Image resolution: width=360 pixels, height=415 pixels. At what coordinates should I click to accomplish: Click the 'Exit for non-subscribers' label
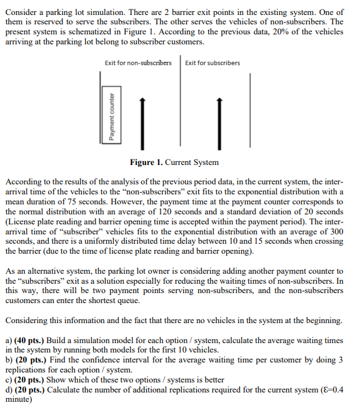pyautogui.click(x=138, y=62)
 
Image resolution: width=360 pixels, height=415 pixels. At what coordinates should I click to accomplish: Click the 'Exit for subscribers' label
pyautogui.click(x=212, y=62)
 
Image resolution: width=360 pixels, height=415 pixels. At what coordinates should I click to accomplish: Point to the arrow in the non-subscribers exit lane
pyautogui.click(x=142, y=120)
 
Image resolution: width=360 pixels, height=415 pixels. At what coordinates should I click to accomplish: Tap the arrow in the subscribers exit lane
pyautogui.click(x=219, y=120)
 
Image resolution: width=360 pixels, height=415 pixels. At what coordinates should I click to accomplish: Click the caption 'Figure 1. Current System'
pyautogui.click(x=174, y=162)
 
